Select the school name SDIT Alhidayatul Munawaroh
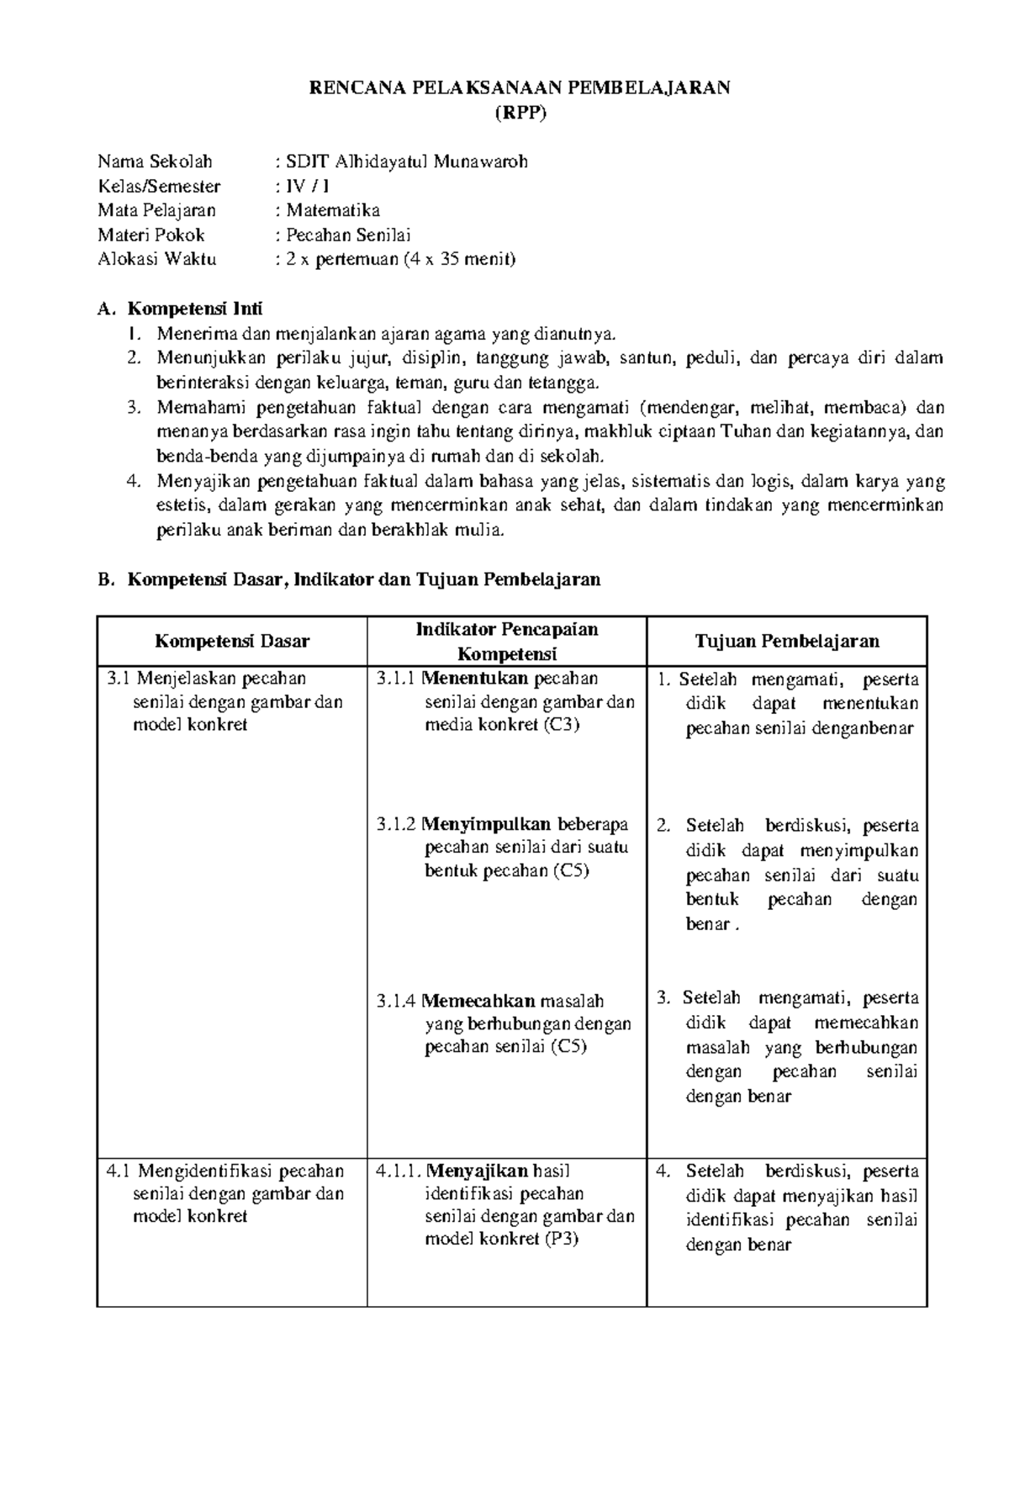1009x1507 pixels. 407,161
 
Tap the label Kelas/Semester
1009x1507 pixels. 159,186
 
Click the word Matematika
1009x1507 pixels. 333,210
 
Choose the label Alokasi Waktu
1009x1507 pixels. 157,259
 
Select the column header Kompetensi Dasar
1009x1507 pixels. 232,641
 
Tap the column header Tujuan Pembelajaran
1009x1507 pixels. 786,641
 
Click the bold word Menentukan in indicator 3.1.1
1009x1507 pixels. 475,678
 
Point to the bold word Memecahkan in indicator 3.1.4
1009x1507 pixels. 478,1001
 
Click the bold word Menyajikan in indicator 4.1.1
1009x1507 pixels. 478,1171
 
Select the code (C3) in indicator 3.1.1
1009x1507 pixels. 560,725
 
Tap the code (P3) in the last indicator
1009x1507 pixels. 560,1239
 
